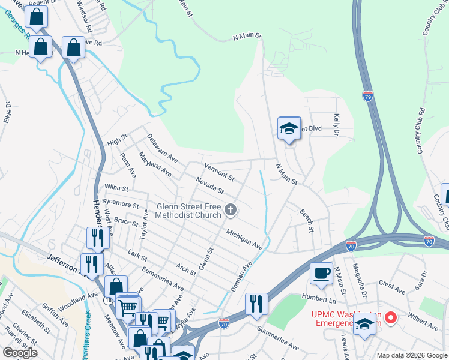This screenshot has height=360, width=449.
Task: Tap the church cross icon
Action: pyautogui.click(x=231, y=210)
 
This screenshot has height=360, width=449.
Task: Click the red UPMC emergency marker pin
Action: pyautogui.click(x=391, y=317)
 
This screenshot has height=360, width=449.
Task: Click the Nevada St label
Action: pyautogui.click(x=210, y=185)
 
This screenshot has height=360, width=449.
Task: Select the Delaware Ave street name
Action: pyautogui.click(x=163, y=148)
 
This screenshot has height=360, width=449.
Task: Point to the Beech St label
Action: pyautogui.click(x=307, y=218)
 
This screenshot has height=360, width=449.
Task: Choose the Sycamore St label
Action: pyautogui.click(x=121, y=203)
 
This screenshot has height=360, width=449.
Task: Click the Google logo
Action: pyautogui.click(x=20, y=352)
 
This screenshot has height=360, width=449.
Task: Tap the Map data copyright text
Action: pyautogui.click(x=411, y=355)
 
